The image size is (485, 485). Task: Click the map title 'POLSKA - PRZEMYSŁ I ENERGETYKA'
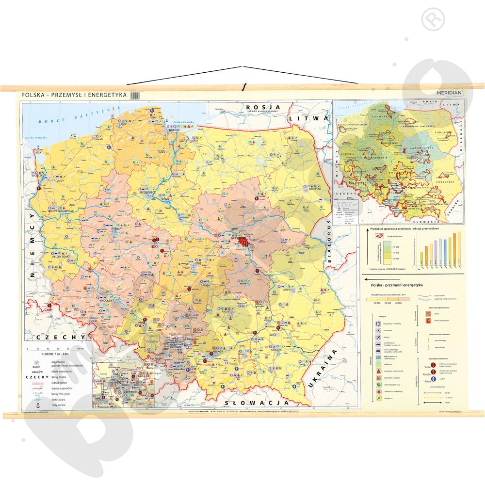pyautogui.click(x=73, y=96)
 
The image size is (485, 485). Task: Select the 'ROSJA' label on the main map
pyautogui.click(x=258, y=107)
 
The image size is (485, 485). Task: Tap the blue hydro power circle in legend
pyautogui.click(x=429, y=379)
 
